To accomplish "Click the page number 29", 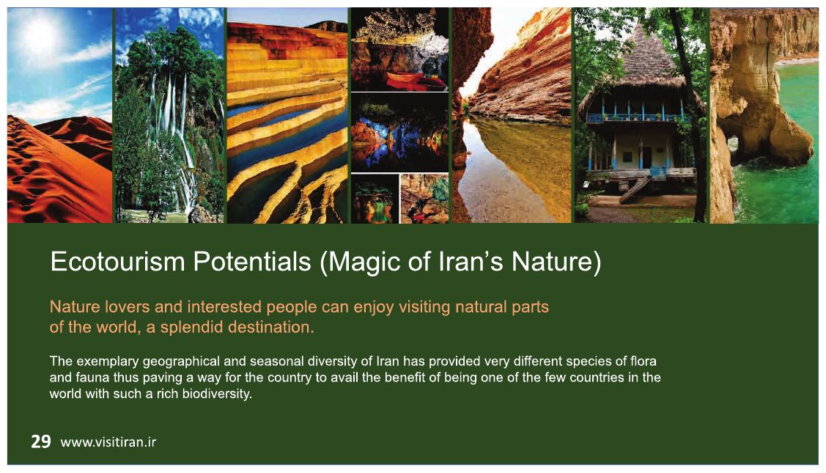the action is pyautogui.click(x=40, y=441).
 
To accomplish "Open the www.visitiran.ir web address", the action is pyautogui.click(x=108, y=442).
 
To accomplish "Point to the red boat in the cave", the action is pyautogui.click(x=415, y=80).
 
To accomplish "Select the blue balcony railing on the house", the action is pyautogui.click(x=638, y=117).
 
